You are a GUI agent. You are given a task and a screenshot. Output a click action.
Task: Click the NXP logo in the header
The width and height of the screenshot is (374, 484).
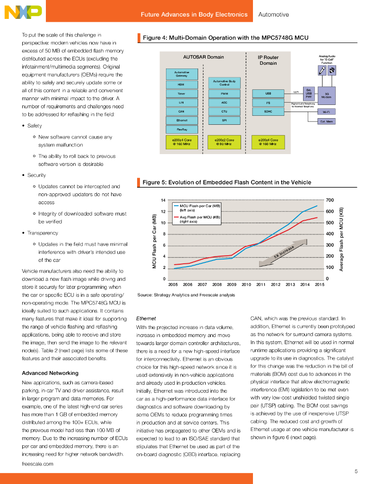pos(23,12)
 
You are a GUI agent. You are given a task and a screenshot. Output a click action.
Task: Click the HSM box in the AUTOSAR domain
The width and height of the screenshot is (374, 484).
pos(181,85)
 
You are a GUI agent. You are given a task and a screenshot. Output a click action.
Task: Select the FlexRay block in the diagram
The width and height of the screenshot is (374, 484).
pos(181,129)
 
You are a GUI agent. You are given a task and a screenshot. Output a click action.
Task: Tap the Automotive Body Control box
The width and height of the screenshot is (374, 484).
pos(224,83)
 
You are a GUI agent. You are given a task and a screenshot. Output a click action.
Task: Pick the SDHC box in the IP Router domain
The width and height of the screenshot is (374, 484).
pos(268,111)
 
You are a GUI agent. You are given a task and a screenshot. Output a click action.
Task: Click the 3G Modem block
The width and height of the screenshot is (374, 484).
pos(326,95)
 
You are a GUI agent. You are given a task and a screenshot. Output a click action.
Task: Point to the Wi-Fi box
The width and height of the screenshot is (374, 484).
pos(326,112)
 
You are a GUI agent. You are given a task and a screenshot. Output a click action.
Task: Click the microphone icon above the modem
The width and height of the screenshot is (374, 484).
pos(322,70)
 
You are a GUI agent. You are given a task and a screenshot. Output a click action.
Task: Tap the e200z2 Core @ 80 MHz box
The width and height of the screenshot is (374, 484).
pos(224,142)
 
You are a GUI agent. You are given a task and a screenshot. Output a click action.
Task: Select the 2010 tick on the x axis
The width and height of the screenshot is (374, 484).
pos(246,285)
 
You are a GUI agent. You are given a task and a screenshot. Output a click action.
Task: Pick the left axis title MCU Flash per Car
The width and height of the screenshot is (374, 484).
pos(154,242)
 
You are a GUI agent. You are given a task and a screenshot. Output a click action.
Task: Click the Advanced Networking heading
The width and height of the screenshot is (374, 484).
pos(50,373)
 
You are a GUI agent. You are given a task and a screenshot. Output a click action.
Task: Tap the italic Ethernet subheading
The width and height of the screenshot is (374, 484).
pos(146,319)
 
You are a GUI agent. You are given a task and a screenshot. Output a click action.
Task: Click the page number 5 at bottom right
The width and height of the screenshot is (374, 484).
pos(356,471)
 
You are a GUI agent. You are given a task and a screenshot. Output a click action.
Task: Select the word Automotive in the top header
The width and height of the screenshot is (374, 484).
pos(273,15)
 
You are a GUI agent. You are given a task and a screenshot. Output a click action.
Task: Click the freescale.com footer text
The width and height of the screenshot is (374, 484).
pos(37,464)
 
